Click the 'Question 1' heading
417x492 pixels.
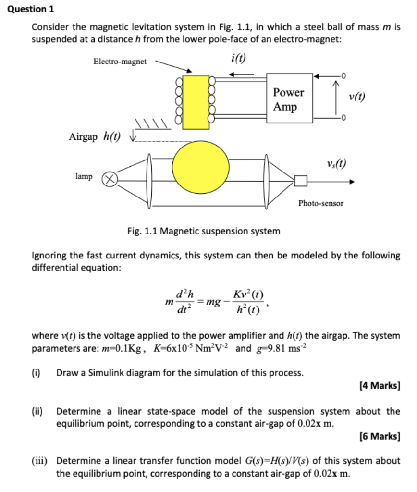[x=30, y=9]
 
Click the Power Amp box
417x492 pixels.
[x=288, y=99]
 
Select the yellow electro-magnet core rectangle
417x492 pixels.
[x=196, y=102]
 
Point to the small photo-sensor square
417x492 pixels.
[x=301, y=181]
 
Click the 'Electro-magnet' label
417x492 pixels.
[x=120, y=61]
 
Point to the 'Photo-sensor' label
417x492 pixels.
[x=321, y=203]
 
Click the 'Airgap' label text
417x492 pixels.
[x=83, y=136]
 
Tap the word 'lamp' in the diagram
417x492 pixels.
[x=84, y=177]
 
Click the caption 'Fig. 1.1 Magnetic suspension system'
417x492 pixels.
[x=203, y=231]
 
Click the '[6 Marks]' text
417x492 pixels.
[x=380, y=436]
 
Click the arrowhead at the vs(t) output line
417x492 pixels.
[x=353, y=182]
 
